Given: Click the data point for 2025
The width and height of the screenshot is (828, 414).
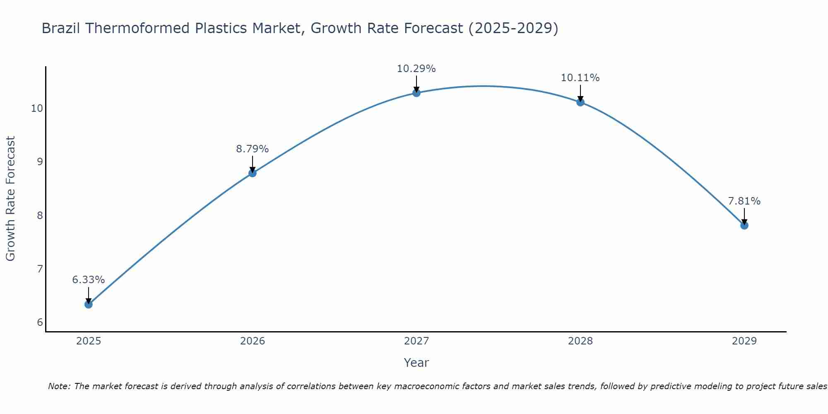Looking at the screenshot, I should [x=89, y=304].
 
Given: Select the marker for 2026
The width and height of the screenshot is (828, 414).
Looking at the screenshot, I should [x=253, y=173].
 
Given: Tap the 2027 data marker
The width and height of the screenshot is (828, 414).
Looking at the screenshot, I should [x=416, y=93].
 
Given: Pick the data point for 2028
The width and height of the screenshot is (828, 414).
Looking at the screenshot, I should [x=580, y=102].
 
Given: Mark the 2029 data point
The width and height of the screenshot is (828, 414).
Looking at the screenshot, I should [x=744, y=225].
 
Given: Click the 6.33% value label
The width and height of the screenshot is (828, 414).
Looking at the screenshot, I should [x=89, y=280].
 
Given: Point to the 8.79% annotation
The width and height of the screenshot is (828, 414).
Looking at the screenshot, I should [x=253, y=149].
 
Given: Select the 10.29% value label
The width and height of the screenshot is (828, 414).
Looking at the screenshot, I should [x=416, y=69].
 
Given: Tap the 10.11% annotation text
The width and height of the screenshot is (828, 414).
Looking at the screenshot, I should [x=580, y=78].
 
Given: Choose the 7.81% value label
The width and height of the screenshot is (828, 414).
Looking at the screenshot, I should [x=744, y=201].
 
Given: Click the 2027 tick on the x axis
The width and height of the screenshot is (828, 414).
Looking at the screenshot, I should [x=416, y=341].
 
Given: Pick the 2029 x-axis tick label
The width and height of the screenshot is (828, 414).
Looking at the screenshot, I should [x=744, y=341].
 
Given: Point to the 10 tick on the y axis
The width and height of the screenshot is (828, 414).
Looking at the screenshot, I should [x=37, y=108].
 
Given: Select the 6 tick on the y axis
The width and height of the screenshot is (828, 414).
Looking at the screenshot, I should [x=40, y=323].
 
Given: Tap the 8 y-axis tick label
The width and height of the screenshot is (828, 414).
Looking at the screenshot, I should [x=40, y=215].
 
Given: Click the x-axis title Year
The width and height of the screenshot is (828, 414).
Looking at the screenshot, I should [x=416, y=363].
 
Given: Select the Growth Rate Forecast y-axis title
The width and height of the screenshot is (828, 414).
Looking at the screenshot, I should [x=11, y=199].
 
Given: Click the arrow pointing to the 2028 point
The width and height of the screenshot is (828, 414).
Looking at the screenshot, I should [x=580, y=93].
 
